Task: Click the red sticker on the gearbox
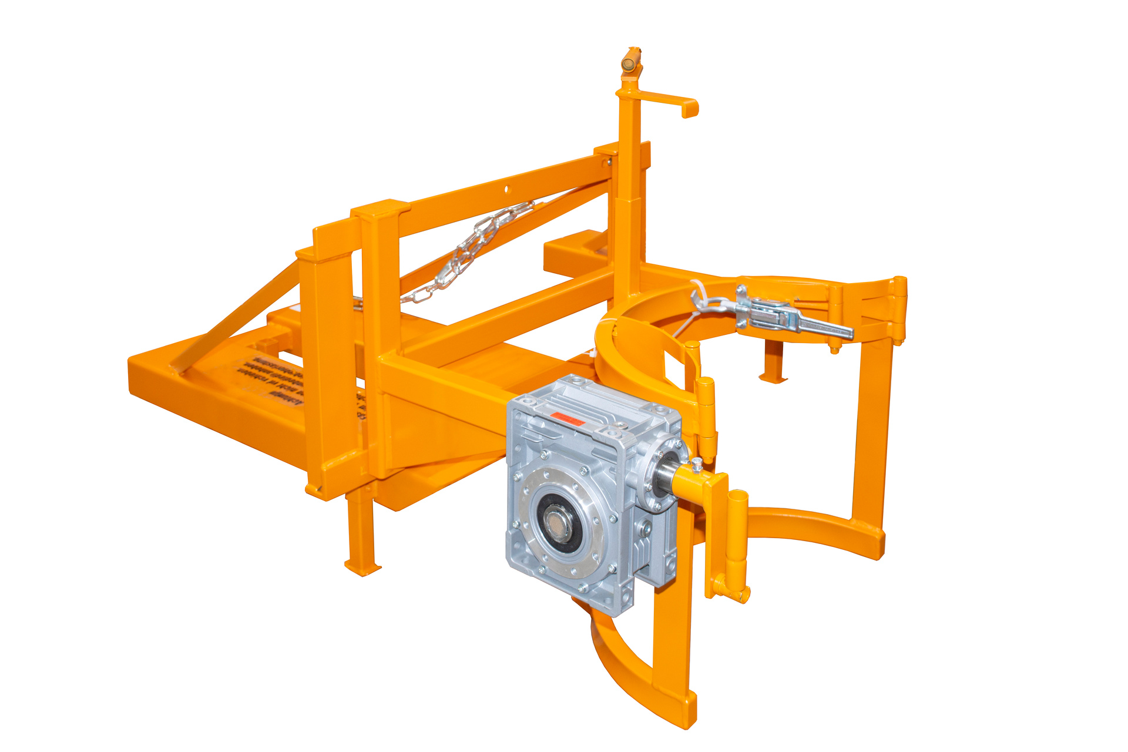566,418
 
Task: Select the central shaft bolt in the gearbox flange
555,521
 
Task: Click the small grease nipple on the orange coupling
697,464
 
